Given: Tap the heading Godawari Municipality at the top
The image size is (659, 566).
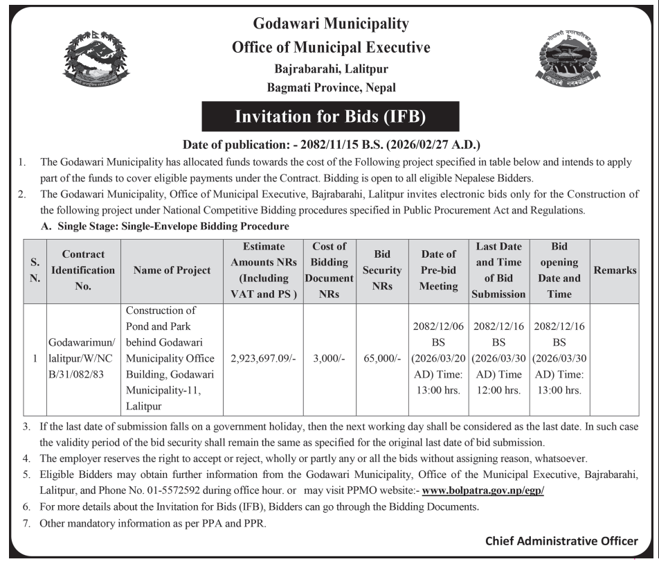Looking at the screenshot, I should click(x=331, y=25).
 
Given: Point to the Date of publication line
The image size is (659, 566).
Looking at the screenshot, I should click(x=331, y=145).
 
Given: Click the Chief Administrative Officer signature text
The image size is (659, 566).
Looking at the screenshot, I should click(x=561, y=541).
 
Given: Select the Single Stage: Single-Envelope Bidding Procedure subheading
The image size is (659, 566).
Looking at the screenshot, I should click(x=165, y=226).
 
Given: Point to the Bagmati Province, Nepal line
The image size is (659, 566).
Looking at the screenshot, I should click(x=331, y=88).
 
